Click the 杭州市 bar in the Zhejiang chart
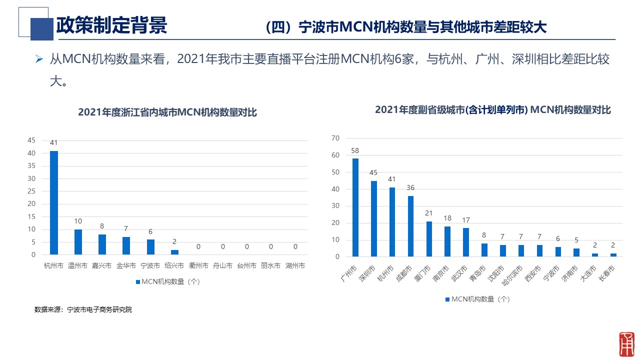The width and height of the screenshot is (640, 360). (x=53, y=202)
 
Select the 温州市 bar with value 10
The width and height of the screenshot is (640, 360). (x=78, y=242)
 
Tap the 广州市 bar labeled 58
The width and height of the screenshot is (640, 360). (x=355, y=207)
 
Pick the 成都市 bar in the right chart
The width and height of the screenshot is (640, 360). (x=410, y=226)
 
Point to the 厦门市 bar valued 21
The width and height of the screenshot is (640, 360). (x=429, y=239)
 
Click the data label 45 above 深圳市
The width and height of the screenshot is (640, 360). (x=373, y=172)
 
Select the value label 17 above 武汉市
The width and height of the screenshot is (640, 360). (x=466, y=220)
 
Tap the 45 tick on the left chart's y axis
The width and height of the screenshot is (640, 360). (x=31, y=140)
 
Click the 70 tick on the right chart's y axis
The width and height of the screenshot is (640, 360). (x=335, y=138)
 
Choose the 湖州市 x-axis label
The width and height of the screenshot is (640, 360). (x=295, y=265)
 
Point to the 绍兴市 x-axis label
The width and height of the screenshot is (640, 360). (x=174, y=265)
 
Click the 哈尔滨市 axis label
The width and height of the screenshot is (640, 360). (x=512, y=275)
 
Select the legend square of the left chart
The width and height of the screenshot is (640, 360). (x=137, y=282)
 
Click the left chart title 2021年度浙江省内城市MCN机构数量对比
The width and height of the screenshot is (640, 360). (x=167, y=112)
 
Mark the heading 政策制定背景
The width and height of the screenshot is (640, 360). (x=111, y=25)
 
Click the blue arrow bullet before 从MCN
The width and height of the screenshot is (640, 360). (x=39, y=59)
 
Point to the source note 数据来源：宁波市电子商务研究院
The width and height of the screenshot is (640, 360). (x=83, y=309)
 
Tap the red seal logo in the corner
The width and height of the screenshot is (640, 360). (x=626, y=344)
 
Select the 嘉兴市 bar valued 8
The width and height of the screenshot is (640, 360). (x=102, y=244)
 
